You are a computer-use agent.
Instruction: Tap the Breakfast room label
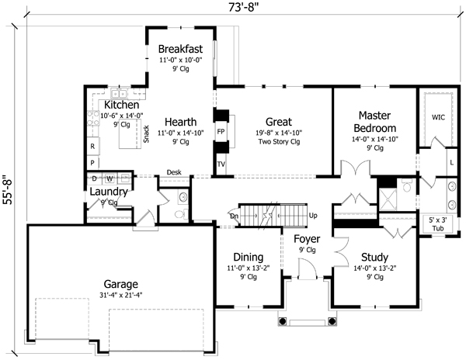[180, 49]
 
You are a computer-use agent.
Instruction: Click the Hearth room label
[179, 122]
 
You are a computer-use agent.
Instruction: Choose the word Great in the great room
[278, 122]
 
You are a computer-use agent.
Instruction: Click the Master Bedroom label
[375, 121]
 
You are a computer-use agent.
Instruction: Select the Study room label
[375, 257]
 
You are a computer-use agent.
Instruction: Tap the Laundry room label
[108, 192]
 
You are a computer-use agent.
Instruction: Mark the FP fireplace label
[221, 132]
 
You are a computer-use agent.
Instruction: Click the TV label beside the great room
[221, 164]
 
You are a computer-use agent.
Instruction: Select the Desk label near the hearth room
[173, 172]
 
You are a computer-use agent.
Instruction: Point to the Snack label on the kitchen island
[145, 133]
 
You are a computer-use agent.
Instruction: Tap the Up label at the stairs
[313, 215]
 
